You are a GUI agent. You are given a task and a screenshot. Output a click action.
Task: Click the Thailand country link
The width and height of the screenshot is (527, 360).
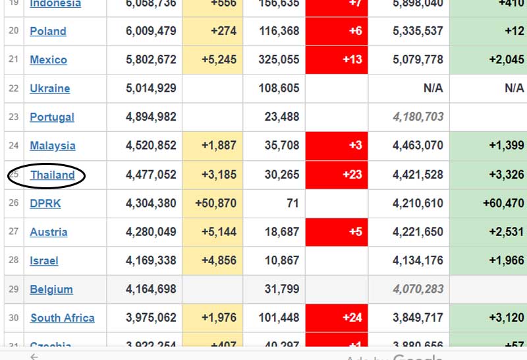52,175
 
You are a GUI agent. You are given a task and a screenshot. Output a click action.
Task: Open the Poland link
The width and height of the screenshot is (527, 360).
48,31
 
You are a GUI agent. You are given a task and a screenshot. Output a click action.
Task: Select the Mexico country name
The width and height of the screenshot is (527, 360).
48,60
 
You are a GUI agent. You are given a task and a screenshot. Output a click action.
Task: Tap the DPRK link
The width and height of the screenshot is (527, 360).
45,204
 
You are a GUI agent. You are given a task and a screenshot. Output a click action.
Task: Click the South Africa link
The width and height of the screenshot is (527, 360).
62,318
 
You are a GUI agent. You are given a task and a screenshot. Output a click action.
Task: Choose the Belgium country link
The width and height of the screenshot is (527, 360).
51,289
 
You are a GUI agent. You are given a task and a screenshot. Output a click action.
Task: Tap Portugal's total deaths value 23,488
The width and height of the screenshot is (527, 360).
281,117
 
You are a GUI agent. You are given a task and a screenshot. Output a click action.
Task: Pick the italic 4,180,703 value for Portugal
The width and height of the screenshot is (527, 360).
418,117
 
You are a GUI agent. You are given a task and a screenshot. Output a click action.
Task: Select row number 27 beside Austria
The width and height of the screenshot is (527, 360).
14,232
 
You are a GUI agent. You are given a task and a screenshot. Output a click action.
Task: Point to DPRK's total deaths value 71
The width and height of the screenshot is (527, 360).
292,204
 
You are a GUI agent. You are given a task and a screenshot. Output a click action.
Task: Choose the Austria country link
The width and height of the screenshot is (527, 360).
48,232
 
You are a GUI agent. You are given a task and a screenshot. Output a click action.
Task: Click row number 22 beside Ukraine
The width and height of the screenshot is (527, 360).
14,88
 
